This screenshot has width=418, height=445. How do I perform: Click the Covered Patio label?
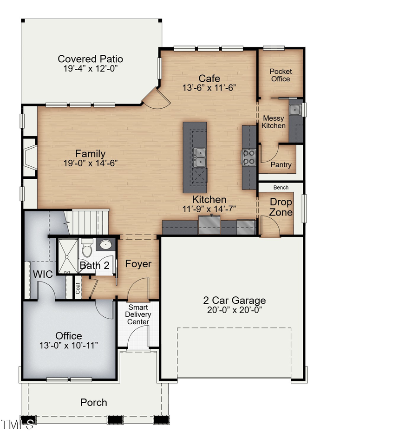90,59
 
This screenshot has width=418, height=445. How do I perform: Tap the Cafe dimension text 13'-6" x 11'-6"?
209,88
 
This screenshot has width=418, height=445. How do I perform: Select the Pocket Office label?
281,75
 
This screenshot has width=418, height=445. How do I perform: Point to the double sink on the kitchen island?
200,157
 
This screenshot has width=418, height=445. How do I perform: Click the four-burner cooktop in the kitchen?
249,157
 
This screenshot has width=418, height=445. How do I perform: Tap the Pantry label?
281,165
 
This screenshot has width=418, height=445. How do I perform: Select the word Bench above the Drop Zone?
281,188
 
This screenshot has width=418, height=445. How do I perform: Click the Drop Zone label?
281,207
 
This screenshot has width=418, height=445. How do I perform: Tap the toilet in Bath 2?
87,249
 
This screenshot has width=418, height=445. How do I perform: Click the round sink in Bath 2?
106,245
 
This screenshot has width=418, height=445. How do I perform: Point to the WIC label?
42,274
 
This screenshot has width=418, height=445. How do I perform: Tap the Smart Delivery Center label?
138,314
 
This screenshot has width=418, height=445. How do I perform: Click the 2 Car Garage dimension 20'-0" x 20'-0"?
234,310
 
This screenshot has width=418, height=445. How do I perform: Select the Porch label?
94,402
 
